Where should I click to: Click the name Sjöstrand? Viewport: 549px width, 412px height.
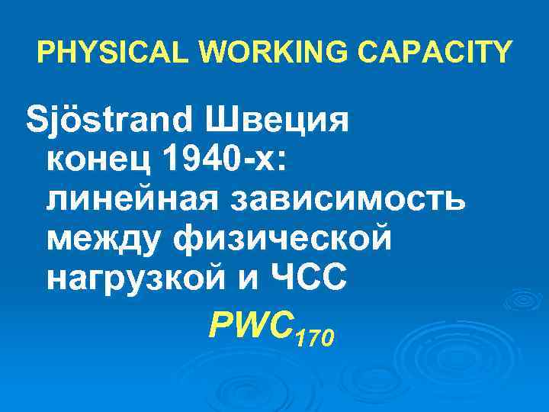[107, 121]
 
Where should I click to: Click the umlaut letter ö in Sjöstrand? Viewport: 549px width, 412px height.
[69, 120]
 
